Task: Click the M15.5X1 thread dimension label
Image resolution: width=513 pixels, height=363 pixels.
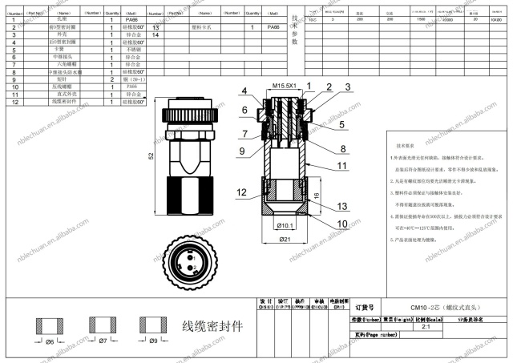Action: (285, 85)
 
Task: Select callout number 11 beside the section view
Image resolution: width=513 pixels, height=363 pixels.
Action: (341, 166)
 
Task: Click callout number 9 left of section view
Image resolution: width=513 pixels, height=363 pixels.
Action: (241, 151)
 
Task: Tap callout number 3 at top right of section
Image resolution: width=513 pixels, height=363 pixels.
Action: (348, 87)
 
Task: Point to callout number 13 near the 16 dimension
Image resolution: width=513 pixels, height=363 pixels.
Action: (342, 206)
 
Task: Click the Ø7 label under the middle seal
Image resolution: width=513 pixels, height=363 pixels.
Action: (101, 341)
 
